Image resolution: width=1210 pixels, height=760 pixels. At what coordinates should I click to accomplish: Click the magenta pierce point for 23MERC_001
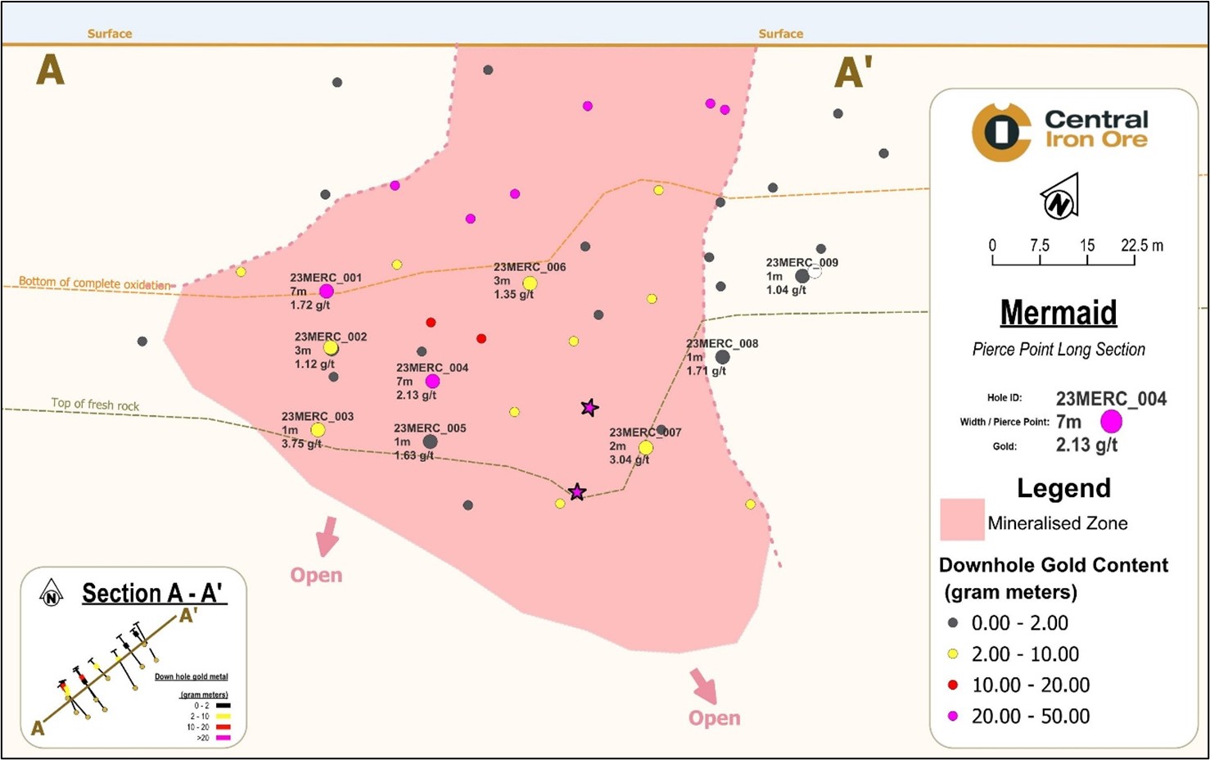click(x=326, y=292)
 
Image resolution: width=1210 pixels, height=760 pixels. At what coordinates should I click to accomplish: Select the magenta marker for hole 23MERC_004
click(x=432, y=381)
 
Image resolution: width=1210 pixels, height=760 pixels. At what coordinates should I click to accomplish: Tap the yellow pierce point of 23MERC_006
click(x=530, y=283)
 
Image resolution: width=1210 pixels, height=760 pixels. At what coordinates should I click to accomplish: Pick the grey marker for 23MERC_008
click(x=722, y=357)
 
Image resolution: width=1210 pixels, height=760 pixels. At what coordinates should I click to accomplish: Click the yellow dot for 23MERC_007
click(x=645, y=448)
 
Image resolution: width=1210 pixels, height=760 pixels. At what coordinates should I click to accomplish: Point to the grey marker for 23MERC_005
click(x=430, y=442)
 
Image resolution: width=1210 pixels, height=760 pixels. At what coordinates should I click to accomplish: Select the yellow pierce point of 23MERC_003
click(x=318, y=430)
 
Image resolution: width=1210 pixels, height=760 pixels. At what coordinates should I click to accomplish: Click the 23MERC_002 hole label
click(x=331, y=337)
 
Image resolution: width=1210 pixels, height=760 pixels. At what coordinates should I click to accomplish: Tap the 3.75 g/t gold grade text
click(x=301, y=444)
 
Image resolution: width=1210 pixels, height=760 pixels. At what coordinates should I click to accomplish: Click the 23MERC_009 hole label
click(x=801, y=263)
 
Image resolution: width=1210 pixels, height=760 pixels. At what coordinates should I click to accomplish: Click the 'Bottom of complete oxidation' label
click(x=95, y=283)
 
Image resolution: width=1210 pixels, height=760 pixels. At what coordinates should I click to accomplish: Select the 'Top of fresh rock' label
click(x=95, y=405)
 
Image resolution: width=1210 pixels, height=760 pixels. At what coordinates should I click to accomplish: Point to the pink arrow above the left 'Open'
click(x=327, y=536)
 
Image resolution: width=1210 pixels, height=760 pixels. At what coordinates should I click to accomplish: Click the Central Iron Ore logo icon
click(x=1000, y=132)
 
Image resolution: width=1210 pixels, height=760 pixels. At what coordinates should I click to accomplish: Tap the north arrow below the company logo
click(x=1060, y=197)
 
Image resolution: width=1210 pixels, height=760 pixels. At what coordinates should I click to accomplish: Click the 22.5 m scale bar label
click(x=1141, y=246)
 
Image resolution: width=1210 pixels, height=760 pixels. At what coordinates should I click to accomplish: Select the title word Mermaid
click(x=1059, y=313)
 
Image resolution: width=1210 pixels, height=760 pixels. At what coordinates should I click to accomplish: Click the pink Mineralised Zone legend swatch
click(x=962, y=520)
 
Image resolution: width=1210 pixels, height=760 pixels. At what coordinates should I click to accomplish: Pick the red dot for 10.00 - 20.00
click(x=953, y=685)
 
